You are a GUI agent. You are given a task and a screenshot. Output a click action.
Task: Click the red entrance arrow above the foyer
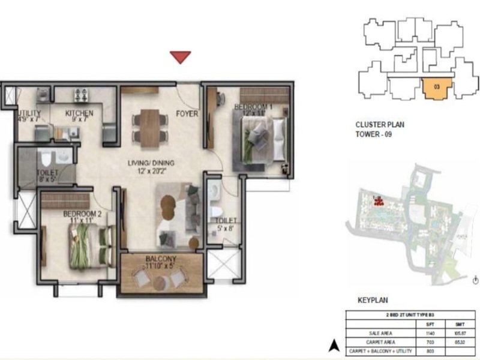[180, 57]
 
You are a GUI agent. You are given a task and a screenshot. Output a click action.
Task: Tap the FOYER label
[187, 114]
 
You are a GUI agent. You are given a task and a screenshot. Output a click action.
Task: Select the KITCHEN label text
[79, 113]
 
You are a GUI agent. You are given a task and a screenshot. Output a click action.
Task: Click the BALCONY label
[159, 260]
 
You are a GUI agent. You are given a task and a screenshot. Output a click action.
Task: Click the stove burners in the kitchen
[81, 95]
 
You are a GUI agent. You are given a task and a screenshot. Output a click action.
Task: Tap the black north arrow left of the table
[331, 344]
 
